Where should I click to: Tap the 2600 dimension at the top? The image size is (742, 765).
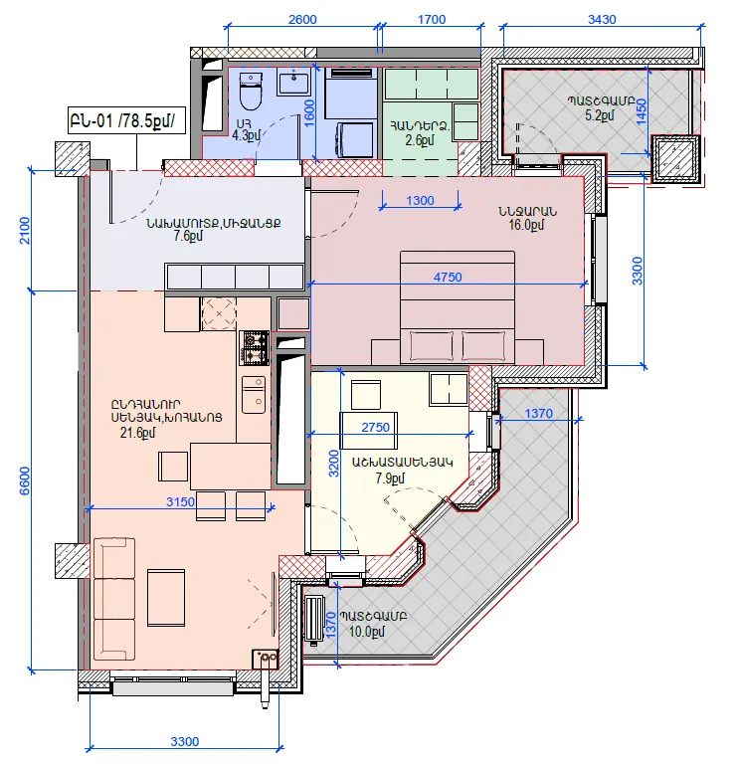[x=302, y=20]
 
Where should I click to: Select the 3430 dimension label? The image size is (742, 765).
[x=602, y=20]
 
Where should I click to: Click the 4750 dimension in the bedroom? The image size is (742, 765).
[x=448, y=278]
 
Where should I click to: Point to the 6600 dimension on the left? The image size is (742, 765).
[x=25, y=480]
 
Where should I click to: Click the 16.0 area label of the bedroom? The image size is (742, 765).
[x=526, y=225]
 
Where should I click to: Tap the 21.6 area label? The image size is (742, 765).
[x=137, y=433]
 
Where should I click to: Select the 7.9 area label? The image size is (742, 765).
[x=390, y=478]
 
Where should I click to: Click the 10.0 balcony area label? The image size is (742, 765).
[x=366, y=632]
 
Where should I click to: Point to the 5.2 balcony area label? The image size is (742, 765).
[x=600, y=115]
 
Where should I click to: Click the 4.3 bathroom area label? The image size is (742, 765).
[x=247, y=135]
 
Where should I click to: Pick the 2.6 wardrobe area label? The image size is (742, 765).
[x=420, y=140]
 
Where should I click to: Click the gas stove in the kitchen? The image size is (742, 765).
[x=255, y=348]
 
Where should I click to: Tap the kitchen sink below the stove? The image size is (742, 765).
[x=254, y=394]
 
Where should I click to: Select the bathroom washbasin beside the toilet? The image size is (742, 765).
[x=293, y=81]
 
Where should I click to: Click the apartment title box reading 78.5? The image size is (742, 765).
[x=127, y=120]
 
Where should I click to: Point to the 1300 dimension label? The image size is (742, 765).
[x=420, y=201]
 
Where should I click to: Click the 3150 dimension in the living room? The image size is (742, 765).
[x=180, y=501]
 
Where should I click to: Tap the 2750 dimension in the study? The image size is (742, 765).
[x=375, y=428]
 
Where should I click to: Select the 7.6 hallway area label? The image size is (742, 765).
[x=188, y=236]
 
